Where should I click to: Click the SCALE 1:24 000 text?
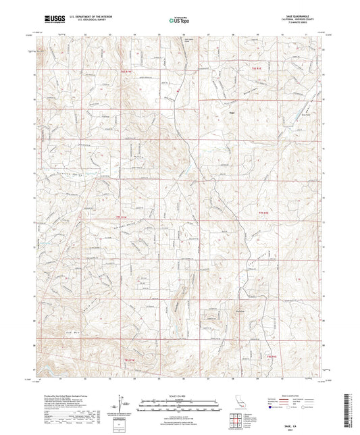point(179,395)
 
